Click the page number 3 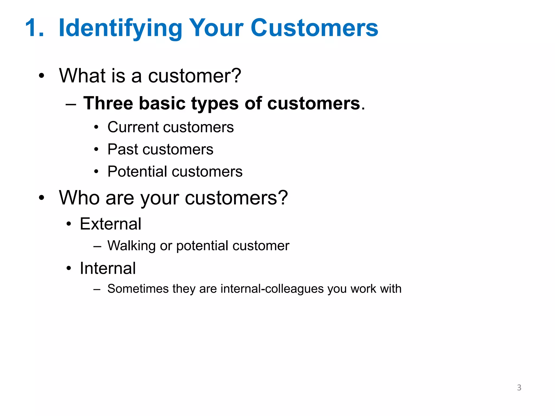[x=519, y=388]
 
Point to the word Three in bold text [x=108, y=103]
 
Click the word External [x=110, y=224]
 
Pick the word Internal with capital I [x=108, y=268]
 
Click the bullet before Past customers [x=96, y=149]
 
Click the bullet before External [x=69, y=224]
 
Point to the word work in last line [x=363, y=289]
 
